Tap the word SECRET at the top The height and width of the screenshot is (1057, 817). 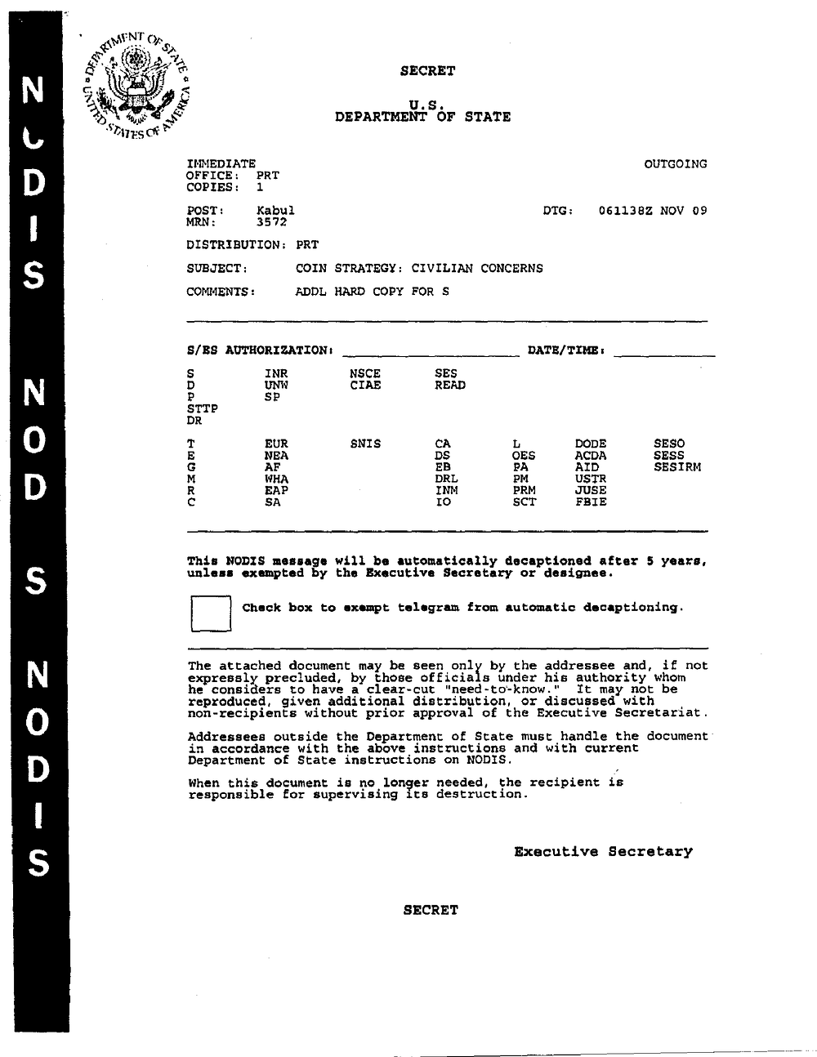pyautogui.click(x=427, y=71)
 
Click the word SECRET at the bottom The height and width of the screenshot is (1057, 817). pyautogui.click(x=431, y=910)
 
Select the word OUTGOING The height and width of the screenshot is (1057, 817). pyautogui.click(x=676, y=164)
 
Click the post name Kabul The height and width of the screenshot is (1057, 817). pyautogui.click(x=275, y=210)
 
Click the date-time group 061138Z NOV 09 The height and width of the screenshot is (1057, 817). pyautogui.click(x=653, y=210)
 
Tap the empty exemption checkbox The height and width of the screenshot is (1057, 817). pyautogui.click(x=210, y=613)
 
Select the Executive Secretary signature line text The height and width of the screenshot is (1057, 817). pyautogui.click(x=603, y=851)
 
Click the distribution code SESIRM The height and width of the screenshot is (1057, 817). pyautogui.click(x=677, y=467)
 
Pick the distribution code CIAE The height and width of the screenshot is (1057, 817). pyautogui.click(x=365, y=386)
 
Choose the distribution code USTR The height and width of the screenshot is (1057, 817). pyautogui.click(x=591, y=479)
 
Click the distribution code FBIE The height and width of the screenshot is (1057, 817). pyautogui.click(x=591, y=502)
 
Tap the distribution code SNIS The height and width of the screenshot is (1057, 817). pyautogui.click(x=365, y=444)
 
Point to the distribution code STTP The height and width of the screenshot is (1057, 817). pyautogui.click(x=203, y=408)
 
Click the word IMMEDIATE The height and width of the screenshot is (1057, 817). pyautogui.click(x=221, y=164)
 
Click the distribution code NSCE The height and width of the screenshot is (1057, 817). pyautogui.click(x=365, y=374)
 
